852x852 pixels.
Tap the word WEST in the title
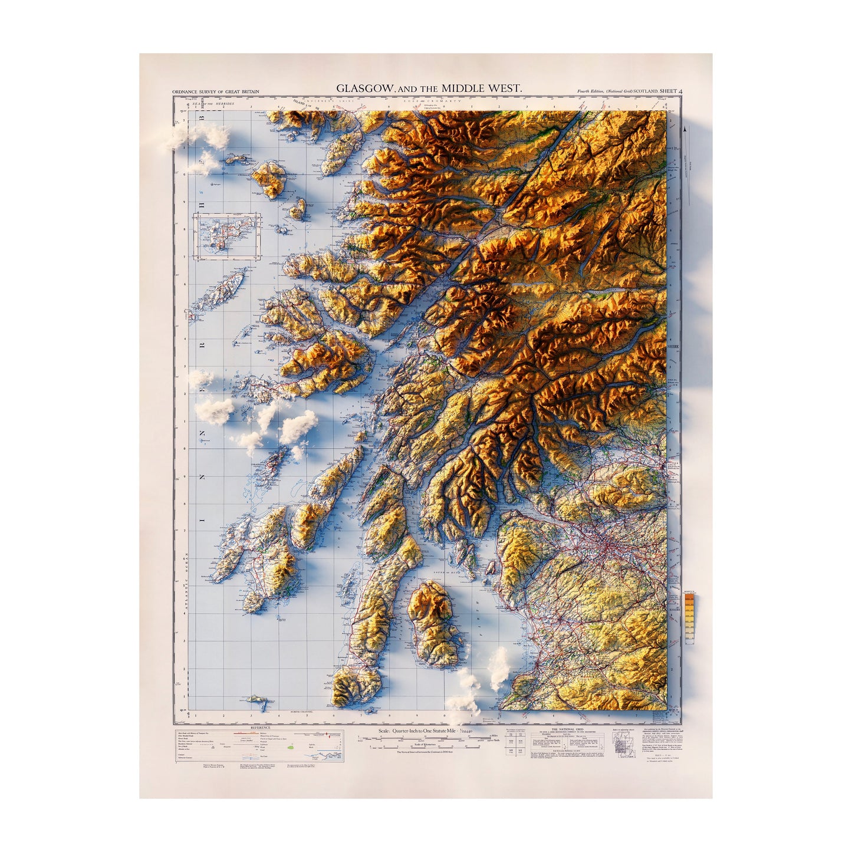point(505,88)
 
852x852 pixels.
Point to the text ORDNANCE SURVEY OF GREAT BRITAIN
point(215,92)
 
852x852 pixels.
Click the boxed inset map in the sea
point(229,236)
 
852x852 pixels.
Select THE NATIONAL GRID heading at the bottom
point(570,729)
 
